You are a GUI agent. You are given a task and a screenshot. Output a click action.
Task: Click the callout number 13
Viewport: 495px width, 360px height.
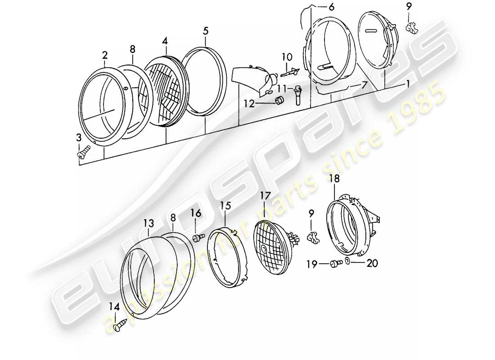click(149, 223)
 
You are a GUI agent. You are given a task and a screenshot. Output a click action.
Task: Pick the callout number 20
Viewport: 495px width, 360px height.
click(372, 265)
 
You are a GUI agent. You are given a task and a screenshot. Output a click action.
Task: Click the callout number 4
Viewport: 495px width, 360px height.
click(165, 41)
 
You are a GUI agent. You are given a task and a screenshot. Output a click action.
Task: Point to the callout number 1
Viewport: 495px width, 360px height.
click(408, 83)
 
